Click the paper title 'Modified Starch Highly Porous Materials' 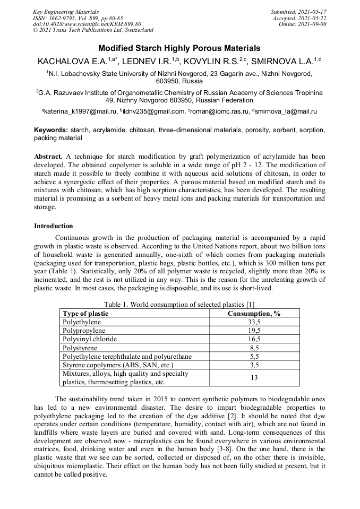179,48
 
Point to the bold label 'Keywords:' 51,130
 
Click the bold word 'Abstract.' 49,157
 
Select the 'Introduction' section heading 54,226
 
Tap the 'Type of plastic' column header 85,314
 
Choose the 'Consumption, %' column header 254,314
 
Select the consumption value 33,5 254,322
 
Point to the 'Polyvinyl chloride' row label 89,339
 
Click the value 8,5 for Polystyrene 254,348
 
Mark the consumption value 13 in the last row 254,377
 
